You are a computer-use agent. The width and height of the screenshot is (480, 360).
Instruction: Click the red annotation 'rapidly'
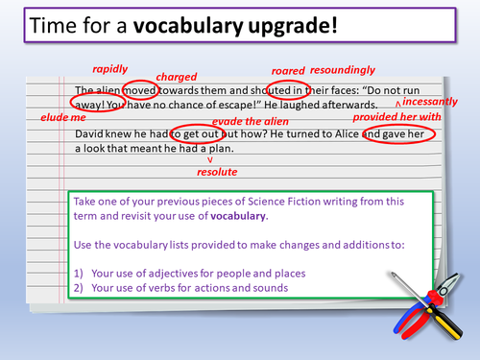110,70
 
